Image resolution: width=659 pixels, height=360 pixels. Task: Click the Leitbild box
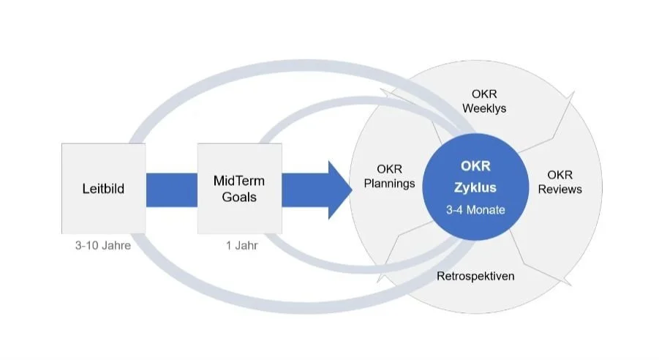[103, 188]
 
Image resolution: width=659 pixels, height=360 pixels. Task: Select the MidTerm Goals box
[239, 188]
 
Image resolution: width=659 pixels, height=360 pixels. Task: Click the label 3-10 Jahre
[103, 245]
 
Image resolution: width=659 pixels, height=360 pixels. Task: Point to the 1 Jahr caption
[241, 245]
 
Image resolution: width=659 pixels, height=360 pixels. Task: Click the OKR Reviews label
[560, 182]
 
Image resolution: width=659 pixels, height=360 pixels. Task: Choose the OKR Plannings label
[389, 176]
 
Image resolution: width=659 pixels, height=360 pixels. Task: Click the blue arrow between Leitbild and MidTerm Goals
[171, 189]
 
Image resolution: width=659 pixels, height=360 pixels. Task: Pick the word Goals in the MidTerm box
[239, 196]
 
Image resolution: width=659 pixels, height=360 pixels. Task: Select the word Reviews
[560, 190]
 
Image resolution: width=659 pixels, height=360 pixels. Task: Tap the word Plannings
[389, 183]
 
